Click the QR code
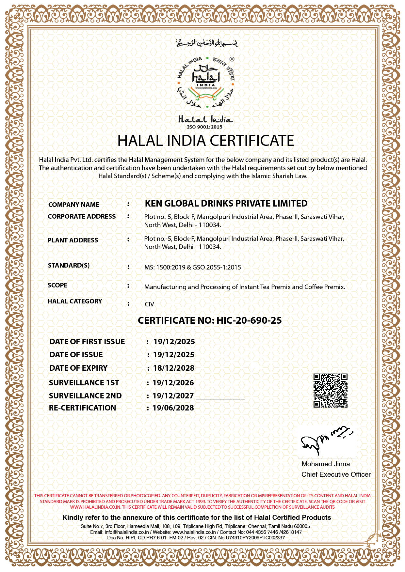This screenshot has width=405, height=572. [x=330, y=391]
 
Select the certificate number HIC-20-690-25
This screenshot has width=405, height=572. [x=249, y=320]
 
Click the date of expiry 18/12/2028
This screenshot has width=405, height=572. [x=174, y=368]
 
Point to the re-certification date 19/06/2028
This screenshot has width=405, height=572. [x=173, y=408]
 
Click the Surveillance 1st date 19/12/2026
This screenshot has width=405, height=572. [x=173, y=383]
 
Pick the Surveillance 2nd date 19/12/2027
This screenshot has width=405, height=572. [x=173, y=396]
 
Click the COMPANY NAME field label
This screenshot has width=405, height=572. [x=73, y=205]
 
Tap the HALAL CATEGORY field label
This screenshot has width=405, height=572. [x=75, y=301]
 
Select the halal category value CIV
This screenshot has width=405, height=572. [x=149, y=304]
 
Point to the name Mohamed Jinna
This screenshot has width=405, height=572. [x=326, y=464]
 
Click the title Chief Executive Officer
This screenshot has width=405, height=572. [x=336, y=474]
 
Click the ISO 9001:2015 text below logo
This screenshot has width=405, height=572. [x=204, y=127]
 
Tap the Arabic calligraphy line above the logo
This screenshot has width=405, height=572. [x=206, y=43]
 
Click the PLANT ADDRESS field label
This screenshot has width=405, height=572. [x=73, y=240]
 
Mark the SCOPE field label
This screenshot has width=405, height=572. [x=57, y=285]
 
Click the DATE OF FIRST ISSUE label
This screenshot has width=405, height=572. [x=87, y=342]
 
